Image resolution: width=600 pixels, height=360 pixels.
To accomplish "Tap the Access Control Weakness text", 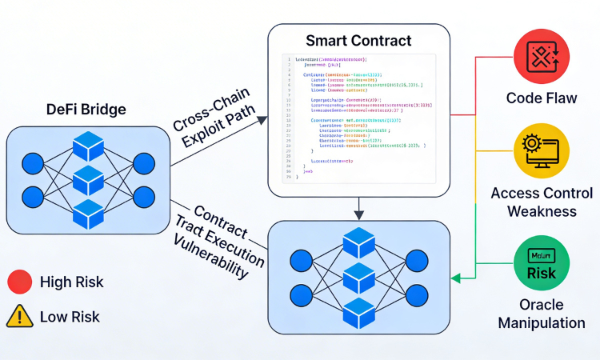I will [542, 202].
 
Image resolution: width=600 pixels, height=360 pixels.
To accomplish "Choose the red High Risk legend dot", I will [19, 282].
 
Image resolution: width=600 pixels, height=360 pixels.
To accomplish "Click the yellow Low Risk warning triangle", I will [19, 317].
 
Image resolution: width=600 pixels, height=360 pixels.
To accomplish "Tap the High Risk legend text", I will [71, 282].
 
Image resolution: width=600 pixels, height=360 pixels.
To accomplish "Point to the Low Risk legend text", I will [70, 317].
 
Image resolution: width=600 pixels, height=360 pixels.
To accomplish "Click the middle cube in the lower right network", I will [358, 278].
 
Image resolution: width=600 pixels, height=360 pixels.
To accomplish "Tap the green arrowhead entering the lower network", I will [455, 278].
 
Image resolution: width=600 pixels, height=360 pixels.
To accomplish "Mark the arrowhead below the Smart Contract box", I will [359, 214].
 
